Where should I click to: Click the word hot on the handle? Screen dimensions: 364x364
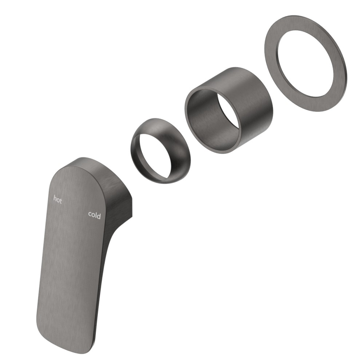pos(58,199)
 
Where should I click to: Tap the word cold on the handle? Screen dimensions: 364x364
pos(95,215)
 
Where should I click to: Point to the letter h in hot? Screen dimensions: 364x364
pos(55,198)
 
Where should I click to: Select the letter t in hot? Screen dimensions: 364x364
pos(61,201)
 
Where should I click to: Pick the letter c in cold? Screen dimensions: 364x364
pos(90,214)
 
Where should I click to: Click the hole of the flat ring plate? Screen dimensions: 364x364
pos(306,63)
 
